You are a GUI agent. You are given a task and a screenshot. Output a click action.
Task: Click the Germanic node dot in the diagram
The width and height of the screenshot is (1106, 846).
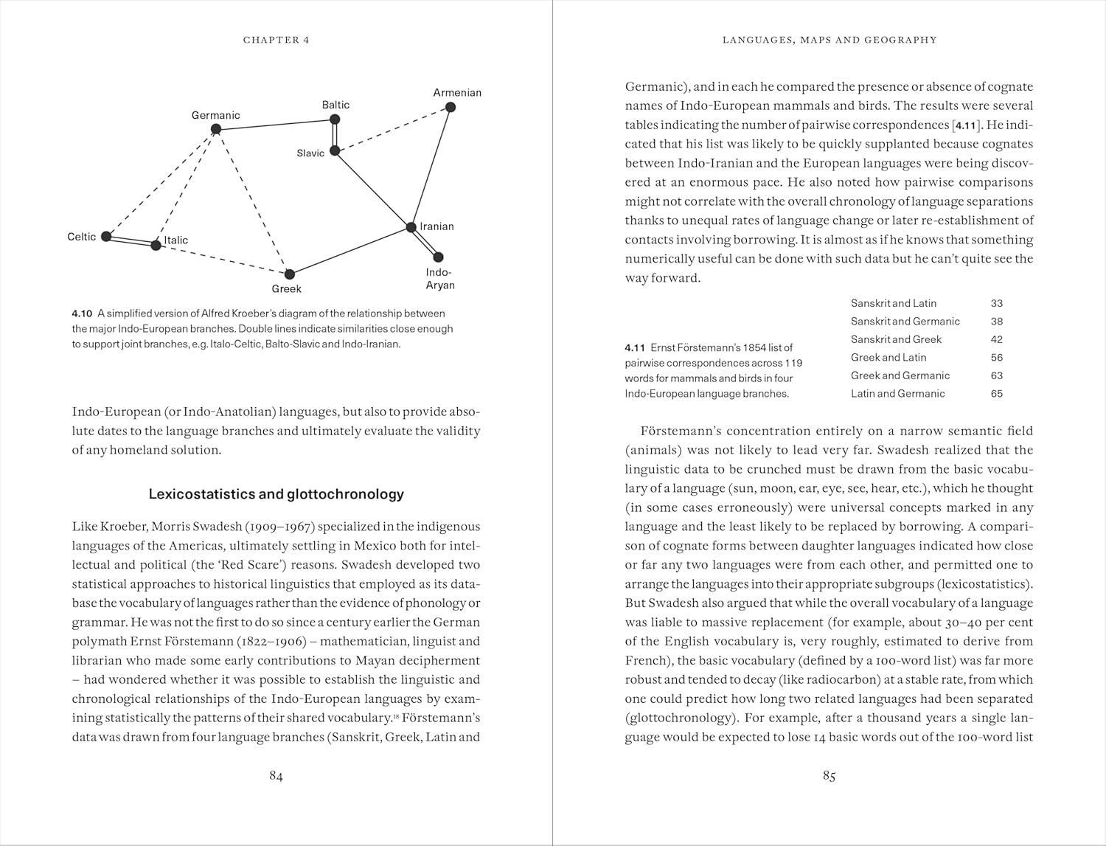216,129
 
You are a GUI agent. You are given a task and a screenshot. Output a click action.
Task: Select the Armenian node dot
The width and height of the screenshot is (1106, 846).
451,107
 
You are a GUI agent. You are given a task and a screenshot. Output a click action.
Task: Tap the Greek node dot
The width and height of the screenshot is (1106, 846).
290,274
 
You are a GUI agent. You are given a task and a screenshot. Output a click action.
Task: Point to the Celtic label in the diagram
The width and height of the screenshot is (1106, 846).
81,237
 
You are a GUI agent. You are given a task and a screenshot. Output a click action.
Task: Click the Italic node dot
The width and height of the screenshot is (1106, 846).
156,245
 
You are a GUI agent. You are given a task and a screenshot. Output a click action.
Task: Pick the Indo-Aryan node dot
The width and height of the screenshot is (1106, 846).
438,257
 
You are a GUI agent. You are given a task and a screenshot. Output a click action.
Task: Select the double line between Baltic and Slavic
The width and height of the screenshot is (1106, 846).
335,135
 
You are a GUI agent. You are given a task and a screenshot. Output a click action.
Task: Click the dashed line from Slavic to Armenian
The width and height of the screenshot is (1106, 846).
392,129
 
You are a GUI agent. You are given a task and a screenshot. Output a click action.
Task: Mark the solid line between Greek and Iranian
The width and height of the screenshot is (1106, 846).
350,251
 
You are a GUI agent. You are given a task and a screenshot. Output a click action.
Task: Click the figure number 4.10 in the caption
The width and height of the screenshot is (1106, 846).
82,313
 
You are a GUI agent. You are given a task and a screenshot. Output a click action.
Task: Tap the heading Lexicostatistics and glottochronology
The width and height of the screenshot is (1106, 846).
276,494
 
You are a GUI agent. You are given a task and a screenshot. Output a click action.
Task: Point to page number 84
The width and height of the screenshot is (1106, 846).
276,776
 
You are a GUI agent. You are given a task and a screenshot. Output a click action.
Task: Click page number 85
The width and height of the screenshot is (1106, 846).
829,776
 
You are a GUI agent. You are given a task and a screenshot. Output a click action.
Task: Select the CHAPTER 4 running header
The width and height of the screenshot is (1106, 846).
276,40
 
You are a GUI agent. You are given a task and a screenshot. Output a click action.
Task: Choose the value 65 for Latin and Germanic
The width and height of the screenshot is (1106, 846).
997,394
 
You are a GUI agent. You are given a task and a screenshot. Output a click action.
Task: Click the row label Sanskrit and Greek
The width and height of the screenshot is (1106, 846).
896,339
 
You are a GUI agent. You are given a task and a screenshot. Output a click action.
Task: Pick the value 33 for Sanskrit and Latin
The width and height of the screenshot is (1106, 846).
997,303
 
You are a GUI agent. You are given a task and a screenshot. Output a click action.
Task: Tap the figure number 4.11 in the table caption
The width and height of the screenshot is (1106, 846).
635,347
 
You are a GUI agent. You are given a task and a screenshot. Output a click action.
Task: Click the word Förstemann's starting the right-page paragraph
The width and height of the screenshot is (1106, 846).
678,431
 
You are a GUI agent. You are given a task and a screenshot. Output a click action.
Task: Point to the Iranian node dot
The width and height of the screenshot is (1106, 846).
411,227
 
